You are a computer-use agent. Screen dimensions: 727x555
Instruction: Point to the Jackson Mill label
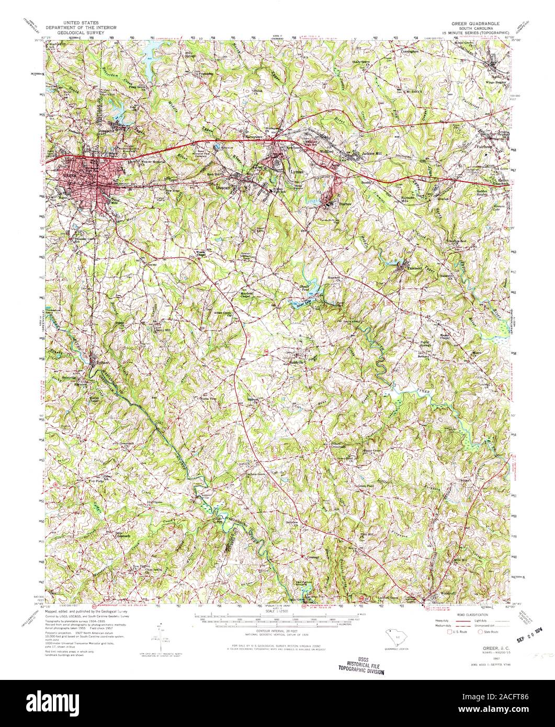click(x=373, y=153)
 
